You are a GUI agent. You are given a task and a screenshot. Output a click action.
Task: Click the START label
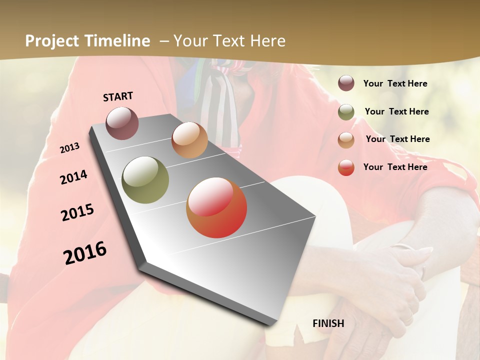(118, 96)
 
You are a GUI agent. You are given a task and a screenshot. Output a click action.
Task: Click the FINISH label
(328, 323)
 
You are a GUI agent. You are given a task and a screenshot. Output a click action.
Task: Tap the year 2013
(69, 148)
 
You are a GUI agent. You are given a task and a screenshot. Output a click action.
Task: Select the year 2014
(73, 177)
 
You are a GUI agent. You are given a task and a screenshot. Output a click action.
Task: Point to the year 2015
(77, 212)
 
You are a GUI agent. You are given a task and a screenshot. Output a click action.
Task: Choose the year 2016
(85, 253)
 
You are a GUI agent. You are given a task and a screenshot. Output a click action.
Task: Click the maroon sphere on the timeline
(122, 123)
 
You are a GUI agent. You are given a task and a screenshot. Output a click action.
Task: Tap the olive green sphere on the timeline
(145, 180)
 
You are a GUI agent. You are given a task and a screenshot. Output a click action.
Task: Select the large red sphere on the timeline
(216, 207)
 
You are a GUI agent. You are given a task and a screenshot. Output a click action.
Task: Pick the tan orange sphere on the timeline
(189, 140)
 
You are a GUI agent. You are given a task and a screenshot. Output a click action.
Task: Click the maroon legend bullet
(346, 83)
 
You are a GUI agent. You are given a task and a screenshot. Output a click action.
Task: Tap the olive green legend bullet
(346, 112)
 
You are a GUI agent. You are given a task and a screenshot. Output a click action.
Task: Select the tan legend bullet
(346, 140)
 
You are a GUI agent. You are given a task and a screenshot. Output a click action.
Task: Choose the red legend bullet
(346, 167)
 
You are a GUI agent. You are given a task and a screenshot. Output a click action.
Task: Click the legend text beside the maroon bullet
(395, 84)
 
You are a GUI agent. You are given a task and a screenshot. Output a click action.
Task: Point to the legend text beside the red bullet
(395, 167)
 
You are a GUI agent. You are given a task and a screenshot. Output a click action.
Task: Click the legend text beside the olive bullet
(396, 111)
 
